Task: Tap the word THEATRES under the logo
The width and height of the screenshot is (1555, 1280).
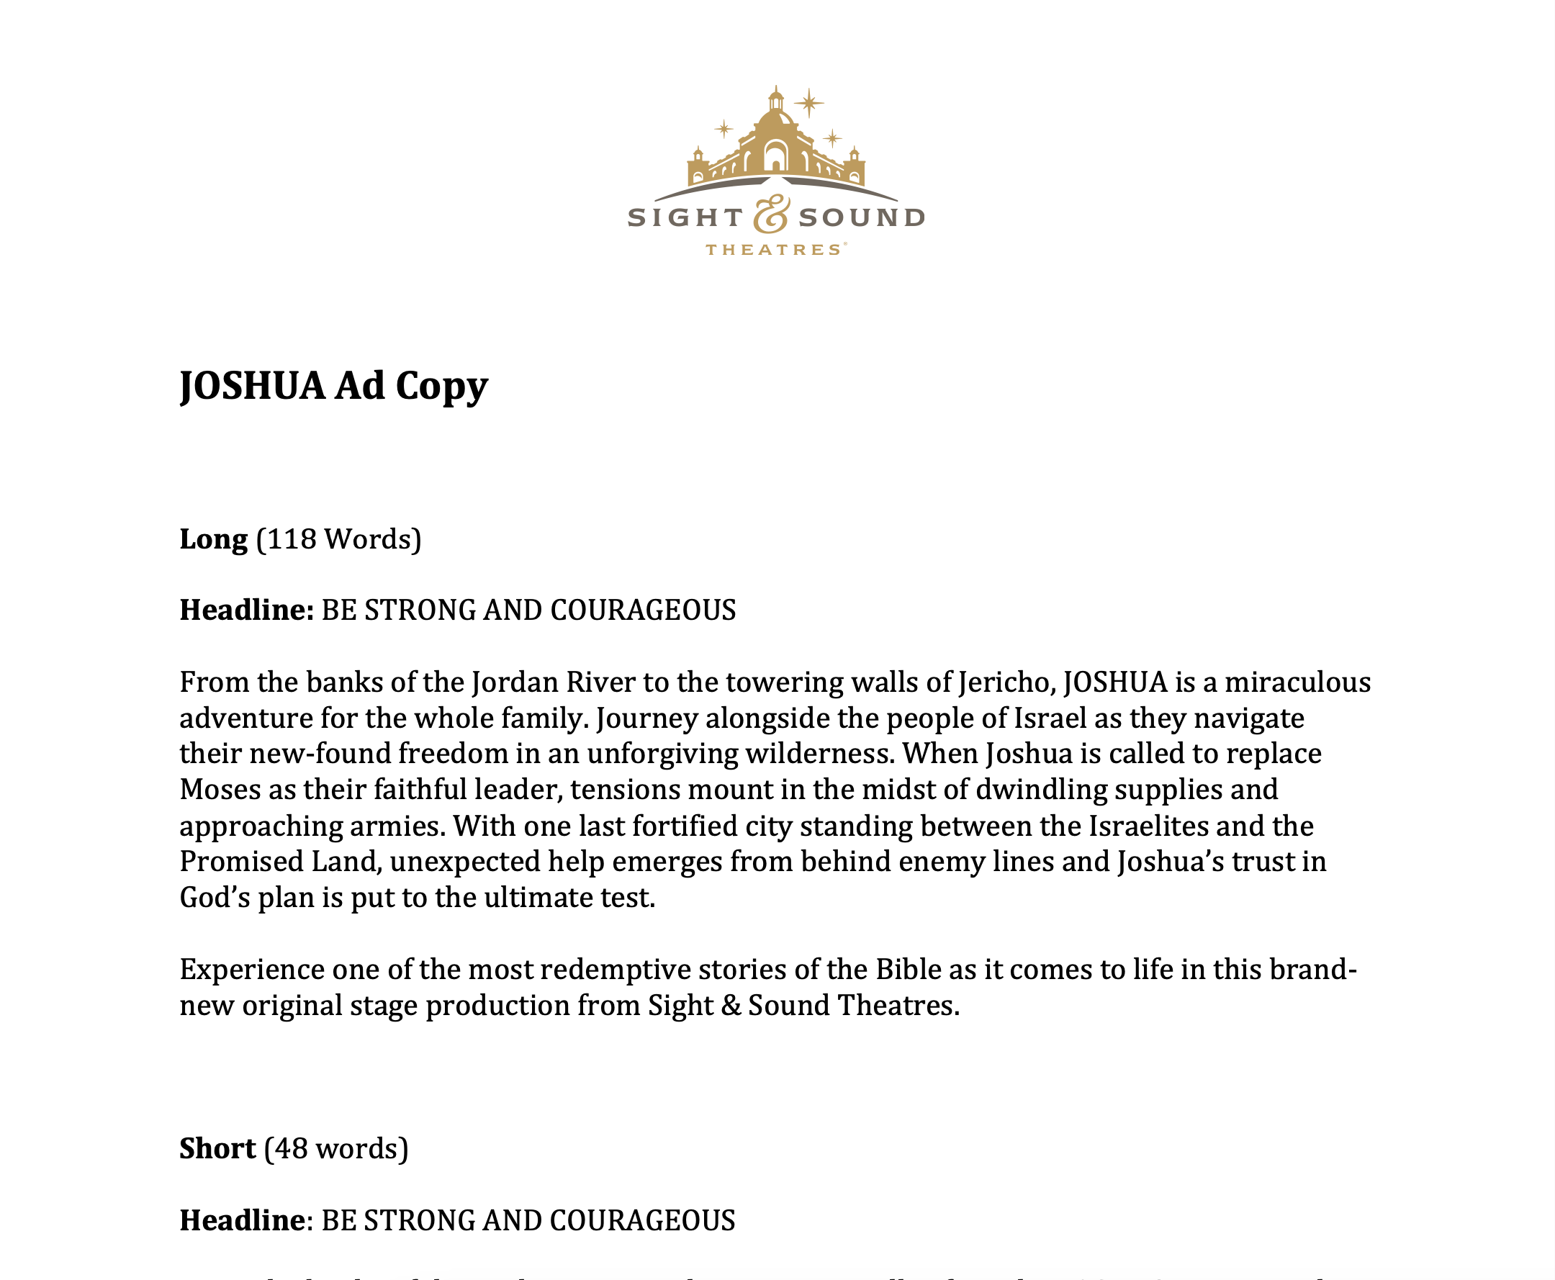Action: pyautogui.click(x=773, y=250)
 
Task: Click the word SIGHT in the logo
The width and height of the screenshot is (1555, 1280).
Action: pyautogui.click(x=685, y=217)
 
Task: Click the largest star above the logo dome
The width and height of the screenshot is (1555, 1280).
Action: pyautogui.click(x=809, y=103)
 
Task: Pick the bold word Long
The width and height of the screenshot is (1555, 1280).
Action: pyautogui.click(x=213, y=540)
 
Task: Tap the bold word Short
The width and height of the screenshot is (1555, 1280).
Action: pyautogui.click(x=217, y=1149)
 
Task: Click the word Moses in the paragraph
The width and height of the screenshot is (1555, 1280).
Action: pyautogui.click(x=220, y=790)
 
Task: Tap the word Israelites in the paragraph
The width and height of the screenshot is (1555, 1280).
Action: pyautogui.click(x=1148, y=826)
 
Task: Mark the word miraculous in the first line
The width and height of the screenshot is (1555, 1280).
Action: pyautogui.click(x=1298, y=682)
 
